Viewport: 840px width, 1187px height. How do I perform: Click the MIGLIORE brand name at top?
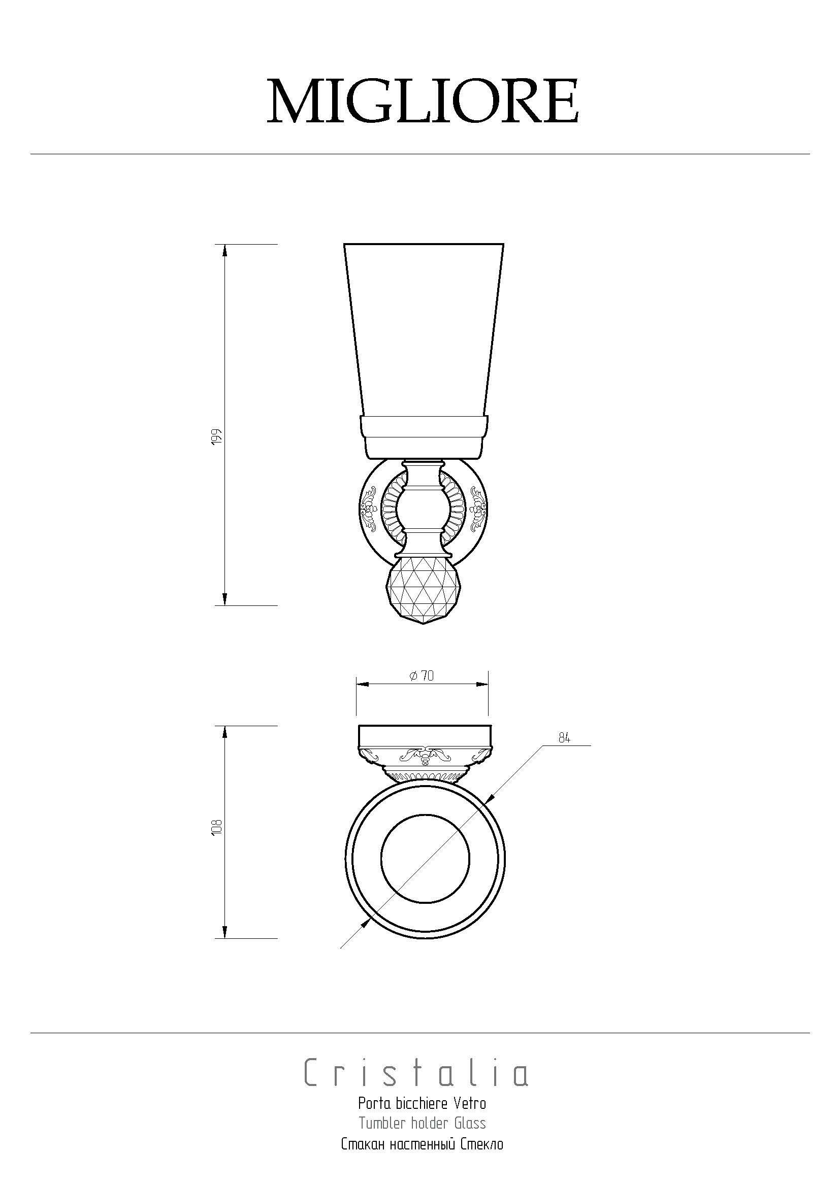pyautogui.click(x=423, y=101)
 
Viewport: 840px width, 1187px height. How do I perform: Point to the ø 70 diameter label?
pyautogui.click(x=422, y=675)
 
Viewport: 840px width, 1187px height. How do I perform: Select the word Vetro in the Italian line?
pyautogui.click(x=470, y=1104)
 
